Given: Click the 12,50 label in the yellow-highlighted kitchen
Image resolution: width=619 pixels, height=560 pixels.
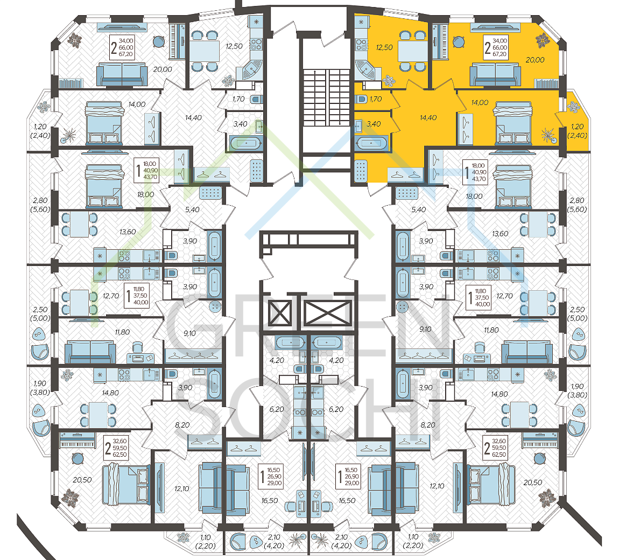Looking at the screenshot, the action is (384, 48).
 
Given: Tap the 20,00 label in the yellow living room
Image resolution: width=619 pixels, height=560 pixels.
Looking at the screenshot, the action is (535, 60).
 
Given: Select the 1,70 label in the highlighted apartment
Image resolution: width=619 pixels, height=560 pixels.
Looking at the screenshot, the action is (376, 99).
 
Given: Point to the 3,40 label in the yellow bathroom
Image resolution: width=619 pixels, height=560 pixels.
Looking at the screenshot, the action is (374, 124).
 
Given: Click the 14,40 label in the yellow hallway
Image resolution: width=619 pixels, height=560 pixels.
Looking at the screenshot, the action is (428, 118).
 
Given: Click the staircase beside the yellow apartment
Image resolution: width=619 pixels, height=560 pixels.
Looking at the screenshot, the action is (327, 97).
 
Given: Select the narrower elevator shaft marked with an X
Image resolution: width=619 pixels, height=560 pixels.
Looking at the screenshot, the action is (279, 313).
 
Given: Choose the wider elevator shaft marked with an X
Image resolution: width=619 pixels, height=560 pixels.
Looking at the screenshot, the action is (328, 313).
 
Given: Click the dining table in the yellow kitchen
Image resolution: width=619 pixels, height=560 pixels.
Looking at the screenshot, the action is (412, 51).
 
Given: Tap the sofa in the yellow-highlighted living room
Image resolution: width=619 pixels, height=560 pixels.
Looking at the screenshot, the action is (495, 75).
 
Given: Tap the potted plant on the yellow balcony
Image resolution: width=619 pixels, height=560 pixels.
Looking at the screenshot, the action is (573, 106).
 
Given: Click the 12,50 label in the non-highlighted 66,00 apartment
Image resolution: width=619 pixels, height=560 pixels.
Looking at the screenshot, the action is (234, 46).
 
